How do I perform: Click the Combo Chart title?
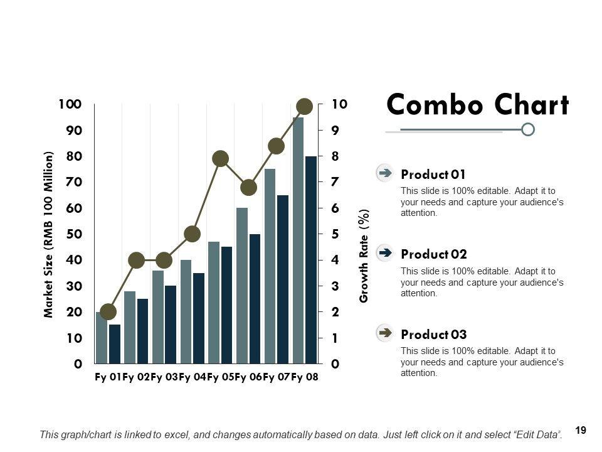pyautogui.click(x=478, y=105)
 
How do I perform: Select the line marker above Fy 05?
pyautogui.click(x=220, y=158)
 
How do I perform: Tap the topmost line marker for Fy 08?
pyautogui.click(x=305, y=106)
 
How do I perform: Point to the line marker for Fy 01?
pyautogui.click(x=108, y=311)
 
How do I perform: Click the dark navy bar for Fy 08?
pyautogui.click(x=311, y=260)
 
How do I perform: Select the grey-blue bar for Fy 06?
pyautogui.click(x=242, y=286)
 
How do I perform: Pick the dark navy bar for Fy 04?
pyautogui.click(x=199, y=318)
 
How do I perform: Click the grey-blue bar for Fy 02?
pyautogui.click(x=130, y=327)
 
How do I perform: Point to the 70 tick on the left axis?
pyautogui.click(x=74, y=182)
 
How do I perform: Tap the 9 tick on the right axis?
pyautogui.click(x=335, y=130)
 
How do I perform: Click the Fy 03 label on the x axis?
pyautogui.click(x=164, y=377)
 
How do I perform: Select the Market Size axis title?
pyautogui.click(x=50, y=234)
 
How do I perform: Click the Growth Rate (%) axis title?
pyautogui.click(x=364, y=256)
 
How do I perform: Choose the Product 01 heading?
pyautogui.click(x=433, y=175)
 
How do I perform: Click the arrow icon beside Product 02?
pyautogui.click(x=385, y=252)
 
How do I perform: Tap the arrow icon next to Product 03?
pyautogui.click(x=385, y=332)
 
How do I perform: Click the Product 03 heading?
pyautogui.click(x=433, y=335)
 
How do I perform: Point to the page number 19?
pyautogui.click(x=580, y=431)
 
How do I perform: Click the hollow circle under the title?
pyautogui.click(x=528, y=129)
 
